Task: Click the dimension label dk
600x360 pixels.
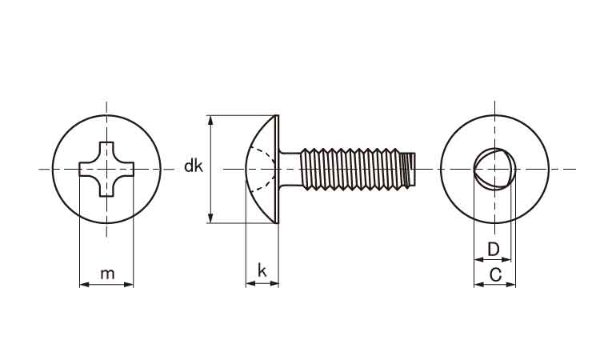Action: (x=193, y=166)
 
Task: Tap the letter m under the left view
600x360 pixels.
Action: (x=107, y=274)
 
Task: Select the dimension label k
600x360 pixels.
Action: (x=262, y=270)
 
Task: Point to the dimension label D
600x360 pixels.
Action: (x=494, y=250)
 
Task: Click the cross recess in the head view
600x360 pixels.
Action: (x=106, y=169)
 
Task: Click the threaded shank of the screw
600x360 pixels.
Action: (x=356, y=169)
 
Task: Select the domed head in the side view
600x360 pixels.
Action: (x=260, y=169)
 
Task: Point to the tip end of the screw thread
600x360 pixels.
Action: (x=413, y=169)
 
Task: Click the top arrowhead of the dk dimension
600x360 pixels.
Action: (x=210, y=119)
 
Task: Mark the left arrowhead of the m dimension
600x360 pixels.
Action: (x=83, y=283)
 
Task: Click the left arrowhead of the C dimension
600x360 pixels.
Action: (x=477, y=284)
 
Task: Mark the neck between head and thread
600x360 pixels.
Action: (x=290, y=169)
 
